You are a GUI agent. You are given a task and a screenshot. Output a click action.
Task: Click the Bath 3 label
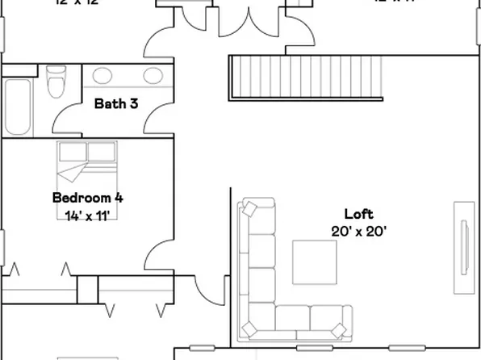(x=110, y=103)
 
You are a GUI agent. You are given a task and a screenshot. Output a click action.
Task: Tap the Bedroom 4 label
(x=87, y=198)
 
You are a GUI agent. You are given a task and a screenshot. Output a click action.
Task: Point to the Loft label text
(x=358, y=214)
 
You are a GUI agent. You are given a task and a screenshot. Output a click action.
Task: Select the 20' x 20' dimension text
(x=358, y=231)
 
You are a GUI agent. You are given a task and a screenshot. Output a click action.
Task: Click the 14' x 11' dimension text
(x=87, y=215)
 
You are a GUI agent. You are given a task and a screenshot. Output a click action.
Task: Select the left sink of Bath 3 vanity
(x=102, y=76)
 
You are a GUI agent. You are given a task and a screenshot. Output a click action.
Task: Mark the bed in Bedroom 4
(x=87, y=165)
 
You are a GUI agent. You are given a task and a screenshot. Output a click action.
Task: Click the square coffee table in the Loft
(x=315, y=263)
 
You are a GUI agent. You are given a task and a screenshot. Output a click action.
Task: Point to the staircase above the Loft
(x=307, y=77)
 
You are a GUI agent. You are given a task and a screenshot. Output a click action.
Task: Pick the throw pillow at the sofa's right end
(x=339, y=329)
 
